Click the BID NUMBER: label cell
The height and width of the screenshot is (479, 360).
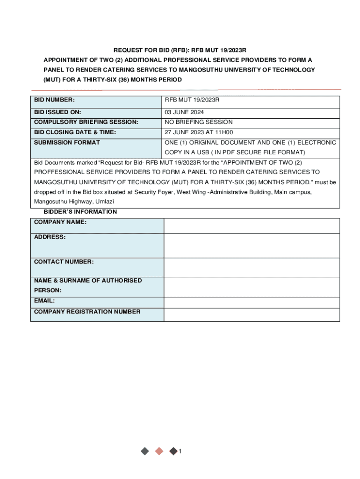click(55, 100)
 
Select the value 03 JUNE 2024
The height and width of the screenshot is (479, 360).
click(184, 112)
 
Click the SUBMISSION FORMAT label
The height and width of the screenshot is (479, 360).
click(67, 143)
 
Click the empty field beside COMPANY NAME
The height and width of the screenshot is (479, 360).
click(252, 226)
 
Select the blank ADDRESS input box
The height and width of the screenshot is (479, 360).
click(252, 246)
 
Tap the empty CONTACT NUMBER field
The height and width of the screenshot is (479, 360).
click(252, 267)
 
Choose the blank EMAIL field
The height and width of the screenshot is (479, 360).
click(252, 303)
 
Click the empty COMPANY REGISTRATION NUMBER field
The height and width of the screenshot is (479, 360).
click(252, 315)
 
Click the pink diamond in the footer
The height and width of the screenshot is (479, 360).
click(159, 451)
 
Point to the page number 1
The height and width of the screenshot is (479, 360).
click(180, 451)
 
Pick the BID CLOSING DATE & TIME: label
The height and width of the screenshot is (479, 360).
click(75, 132)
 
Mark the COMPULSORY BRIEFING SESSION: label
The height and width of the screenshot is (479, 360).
click(86, 122)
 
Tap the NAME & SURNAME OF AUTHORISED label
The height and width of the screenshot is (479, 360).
click(88, 281)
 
